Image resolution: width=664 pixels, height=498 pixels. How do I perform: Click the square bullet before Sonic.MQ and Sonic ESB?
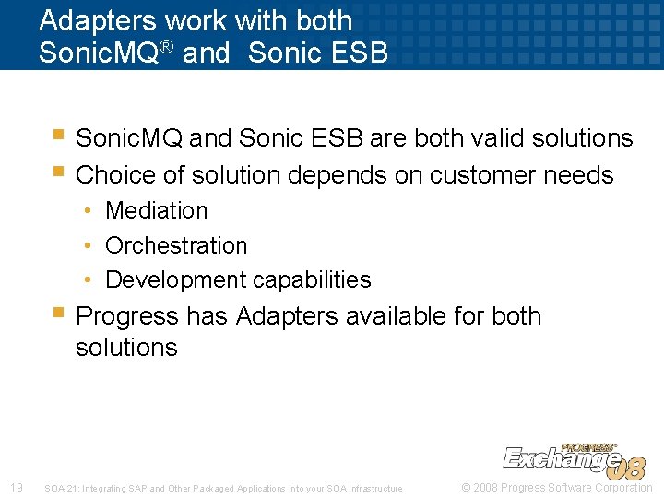tap(58, 136)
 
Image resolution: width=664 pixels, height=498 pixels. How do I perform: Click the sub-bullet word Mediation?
tap(157, 210)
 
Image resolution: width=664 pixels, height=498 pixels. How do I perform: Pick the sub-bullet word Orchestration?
tap(176, 245)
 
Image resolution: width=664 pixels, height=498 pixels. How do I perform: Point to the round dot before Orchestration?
tap(87, 245)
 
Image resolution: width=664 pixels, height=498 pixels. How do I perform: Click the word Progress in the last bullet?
tap(127, 315)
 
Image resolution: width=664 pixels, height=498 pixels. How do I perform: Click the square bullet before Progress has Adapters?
tap(58, 314)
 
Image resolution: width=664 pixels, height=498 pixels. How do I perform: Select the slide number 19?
tap(16, 488)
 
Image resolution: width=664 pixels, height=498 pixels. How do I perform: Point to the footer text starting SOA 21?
tap(223, 489)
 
